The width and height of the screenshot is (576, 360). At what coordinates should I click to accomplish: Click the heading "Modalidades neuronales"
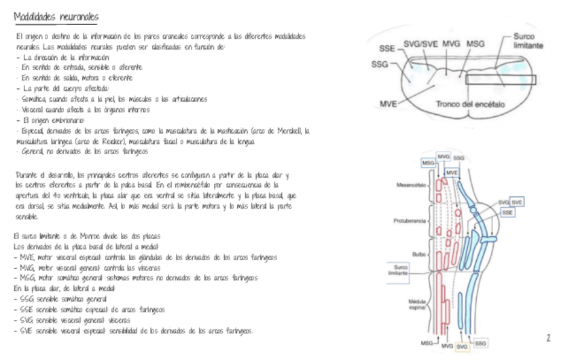56,16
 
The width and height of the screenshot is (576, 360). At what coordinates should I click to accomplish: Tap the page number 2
548,337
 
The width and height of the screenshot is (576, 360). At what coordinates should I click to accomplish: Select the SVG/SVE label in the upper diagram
420,43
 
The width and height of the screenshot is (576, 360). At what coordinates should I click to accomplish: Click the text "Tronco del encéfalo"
468,103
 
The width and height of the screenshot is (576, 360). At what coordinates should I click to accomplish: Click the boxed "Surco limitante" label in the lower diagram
398,270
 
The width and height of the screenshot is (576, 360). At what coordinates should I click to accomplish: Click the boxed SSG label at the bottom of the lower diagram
480,344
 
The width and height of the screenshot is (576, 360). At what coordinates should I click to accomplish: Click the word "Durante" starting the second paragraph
24,175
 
